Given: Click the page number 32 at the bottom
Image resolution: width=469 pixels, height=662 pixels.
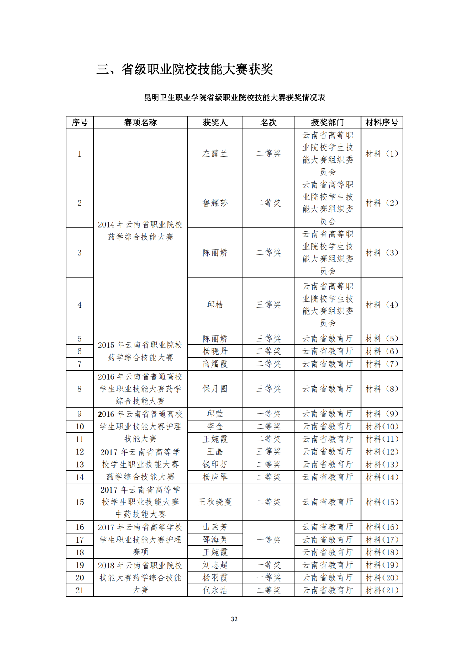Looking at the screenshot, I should pyautogui.click(x=234, y=619).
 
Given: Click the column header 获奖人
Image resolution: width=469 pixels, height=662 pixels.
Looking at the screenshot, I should pyautogui.click(x=215, y=122).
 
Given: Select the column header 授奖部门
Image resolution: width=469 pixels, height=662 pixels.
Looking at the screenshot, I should pyautogui.click(x=327, y=122).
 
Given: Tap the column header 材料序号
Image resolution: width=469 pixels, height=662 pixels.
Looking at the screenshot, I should pyautogui.click(x=382, y=122).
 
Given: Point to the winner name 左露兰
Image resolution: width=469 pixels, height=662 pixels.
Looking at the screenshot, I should pyautogui.click(x=215, y=154).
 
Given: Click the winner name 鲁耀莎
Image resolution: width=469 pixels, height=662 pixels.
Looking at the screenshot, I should pyautogui.click(x=215, y=203).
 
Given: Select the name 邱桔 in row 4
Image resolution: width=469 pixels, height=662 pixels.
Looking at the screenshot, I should pyautogui.click(x=215, y=305).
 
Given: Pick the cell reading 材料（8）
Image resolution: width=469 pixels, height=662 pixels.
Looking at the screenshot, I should pyautogui.click(x=382, y=389).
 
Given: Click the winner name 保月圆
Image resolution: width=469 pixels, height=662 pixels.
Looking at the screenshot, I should pyautogui.click(x=215, y=389).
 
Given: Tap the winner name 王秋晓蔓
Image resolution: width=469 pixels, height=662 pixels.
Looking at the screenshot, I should pyautogui.click(x=215, y=502).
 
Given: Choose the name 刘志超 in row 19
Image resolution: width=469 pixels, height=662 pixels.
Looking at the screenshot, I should pyautogui.click(x=215, y=565).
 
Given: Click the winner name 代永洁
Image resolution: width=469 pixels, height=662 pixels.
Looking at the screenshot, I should pyautogui.click(x=215, y=590).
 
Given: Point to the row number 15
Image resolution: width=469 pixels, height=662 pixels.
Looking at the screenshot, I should pyautogui.click(x=80, y=502).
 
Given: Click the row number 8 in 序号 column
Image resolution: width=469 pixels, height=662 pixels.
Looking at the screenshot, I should pyautogui.click(x=80, y=389).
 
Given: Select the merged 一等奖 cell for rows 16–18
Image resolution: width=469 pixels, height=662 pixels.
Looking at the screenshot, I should pyautogui.click(x=268, y=540).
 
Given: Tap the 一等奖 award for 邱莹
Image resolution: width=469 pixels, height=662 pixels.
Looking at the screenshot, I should pyautogui.click(x=268, y=414).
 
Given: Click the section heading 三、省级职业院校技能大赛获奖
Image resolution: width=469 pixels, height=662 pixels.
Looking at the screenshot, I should pyautogui.click(x=185, y=69).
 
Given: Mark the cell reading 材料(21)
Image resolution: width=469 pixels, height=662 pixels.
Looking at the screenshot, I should pyautogui.click(x=382, y=590).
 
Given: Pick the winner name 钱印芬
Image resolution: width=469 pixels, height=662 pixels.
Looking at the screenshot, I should pyautogui.click(x=215, y=465).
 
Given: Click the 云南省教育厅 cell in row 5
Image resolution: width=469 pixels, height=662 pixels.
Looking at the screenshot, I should pyautogui.click(x=327, y=339).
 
